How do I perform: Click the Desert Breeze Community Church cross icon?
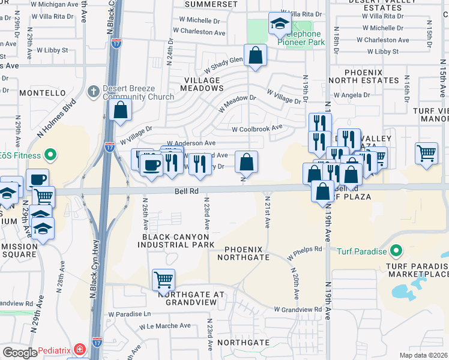tap(93, 91)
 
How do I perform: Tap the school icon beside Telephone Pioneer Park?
tap(280, 24)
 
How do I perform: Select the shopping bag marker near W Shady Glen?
tap(255, 55)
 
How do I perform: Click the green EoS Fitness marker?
tap(50, 155)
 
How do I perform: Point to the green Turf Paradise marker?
tap(396, 250)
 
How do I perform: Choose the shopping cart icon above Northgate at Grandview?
tap(163, 279)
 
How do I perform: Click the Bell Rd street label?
tap(186, 190)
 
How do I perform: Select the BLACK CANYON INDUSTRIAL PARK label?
tap(178, 241)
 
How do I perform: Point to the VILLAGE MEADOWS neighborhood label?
tap(203, 84)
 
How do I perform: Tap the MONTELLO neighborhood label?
tap(43, 93)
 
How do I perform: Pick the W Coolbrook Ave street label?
tap(257, 128)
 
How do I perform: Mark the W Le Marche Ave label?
tap(165, 326)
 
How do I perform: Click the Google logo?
tap(20, 352)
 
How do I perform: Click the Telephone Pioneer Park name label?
tap(301, 38)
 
